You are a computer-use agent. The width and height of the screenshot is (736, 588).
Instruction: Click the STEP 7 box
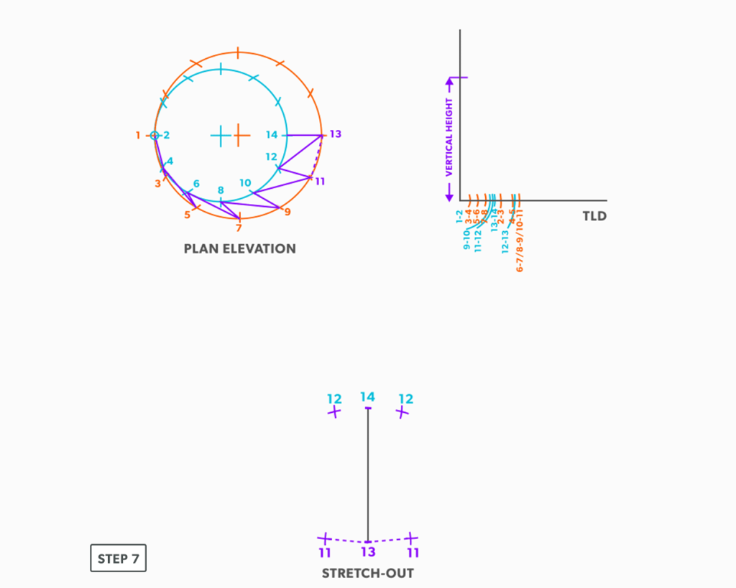pos(118,559)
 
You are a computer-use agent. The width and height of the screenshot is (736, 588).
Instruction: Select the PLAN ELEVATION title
pos(239,249)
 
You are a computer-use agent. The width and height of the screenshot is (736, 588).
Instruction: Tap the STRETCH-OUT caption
pos(367,573)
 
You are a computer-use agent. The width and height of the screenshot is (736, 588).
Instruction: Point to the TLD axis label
pos(594,216)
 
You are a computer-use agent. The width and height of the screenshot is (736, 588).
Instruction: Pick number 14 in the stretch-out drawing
pos(367,397)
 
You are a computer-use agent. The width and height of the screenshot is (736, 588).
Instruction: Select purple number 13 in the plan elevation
pos(335,134)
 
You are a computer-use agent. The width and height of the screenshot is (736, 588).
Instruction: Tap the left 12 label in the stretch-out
pos(334,399)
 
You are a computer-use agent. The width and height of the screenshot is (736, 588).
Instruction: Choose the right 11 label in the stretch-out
pos(413,553)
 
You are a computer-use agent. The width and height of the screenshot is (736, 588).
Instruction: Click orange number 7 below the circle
pos(239,228)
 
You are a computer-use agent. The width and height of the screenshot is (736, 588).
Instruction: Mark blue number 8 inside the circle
pos(221,190)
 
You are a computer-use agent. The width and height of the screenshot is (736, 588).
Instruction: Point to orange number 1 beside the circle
pos(138,135)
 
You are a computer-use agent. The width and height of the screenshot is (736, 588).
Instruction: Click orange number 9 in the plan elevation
pos(287,212)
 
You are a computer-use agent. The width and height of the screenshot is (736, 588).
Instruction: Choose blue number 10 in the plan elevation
pos(245,183)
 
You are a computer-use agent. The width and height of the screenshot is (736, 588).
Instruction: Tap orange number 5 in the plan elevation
pos(187,214)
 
